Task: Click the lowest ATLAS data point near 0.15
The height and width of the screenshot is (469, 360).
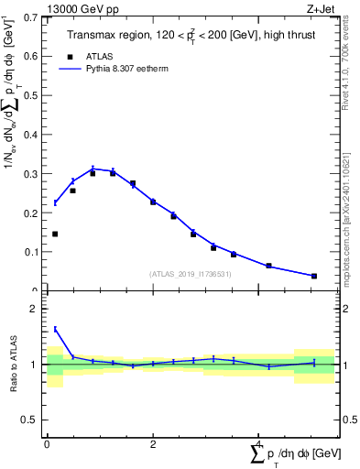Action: [x=55, y=234]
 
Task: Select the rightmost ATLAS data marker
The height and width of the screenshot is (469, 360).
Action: [x=314, y=276]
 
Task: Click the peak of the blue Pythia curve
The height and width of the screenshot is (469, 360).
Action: [x=93, y=169]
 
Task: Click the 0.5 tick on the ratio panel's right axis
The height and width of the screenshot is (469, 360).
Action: [x=349, y=420]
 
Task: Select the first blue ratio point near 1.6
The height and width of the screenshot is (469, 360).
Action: [x=55, y=329]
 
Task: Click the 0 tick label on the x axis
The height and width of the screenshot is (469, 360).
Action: [x=47, y=443]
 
